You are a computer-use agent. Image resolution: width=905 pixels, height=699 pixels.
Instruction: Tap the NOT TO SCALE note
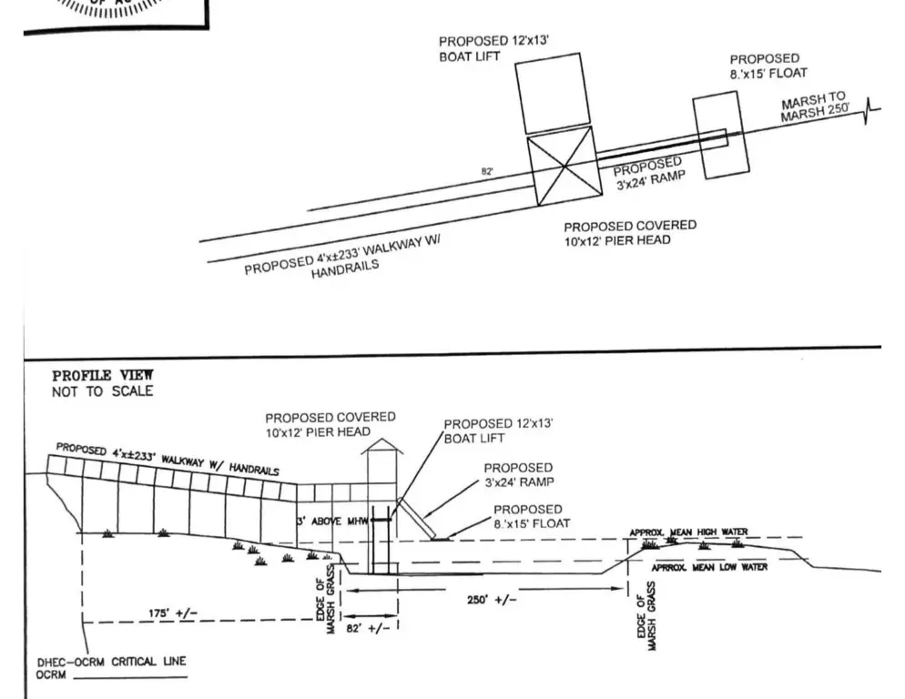102,391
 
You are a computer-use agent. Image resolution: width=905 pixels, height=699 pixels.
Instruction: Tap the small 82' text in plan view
488,171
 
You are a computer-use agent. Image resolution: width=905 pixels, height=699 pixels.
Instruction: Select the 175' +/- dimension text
173,613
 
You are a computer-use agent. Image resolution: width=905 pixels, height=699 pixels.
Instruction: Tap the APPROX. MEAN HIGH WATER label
688,532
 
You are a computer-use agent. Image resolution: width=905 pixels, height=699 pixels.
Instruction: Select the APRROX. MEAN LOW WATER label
709,567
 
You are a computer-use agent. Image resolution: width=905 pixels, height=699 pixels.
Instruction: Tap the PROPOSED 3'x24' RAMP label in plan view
648,170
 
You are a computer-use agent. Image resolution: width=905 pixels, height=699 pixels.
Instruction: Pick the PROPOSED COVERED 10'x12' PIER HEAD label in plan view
629,232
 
